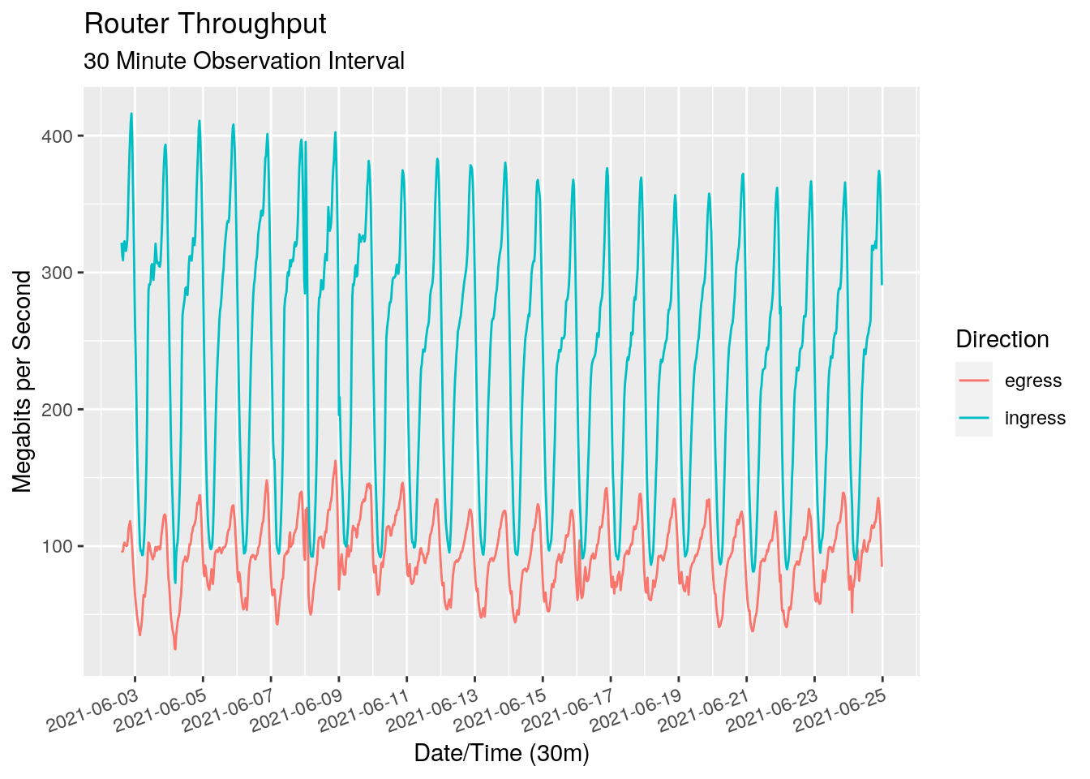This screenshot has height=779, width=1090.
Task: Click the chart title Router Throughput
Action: point(205,24)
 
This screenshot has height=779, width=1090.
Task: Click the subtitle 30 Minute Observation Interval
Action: point(243,62)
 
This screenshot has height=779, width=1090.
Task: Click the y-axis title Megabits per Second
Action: point(23,381)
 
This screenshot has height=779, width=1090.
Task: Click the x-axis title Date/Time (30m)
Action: point(501,753)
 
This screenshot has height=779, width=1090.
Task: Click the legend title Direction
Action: point(1002,339)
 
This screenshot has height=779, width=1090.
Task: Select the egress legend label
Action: point(1032,381)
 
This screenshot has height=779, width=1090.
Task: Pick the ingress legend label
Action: point(1035,418)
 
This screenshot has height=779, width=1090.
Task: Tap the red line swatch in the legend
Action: point(974,381)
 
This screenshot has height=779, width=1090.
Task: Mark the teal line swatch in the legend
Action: point(974,418)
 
